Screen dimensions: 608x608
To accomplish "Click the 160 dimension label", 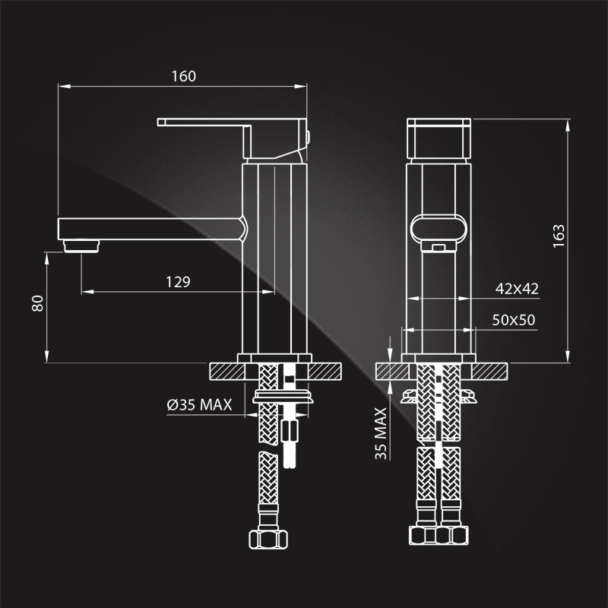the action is click(184, 77).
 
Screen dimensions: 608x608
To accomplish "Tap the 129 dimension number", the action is click(178, 282).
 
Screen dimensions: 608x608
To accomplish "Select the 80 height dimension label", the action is click(37, 303).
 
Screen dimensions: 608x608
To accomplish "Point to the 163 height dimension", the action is click(559, 236).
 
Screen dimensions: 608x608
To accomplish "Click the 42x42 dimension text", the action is click(517, 289).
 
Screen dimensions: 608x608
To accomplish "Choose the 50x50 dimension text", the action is click(514, 320).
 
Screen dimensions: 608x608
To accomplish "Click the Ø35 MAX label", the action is click(199, 405).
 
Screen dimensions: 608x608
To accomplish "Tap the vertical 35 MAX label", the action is click(381, 433).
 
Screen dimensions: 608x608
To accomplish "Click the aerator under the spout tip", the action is click(81, 246).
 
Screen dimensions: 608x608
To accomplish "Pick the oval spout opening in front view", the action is click(439, 228).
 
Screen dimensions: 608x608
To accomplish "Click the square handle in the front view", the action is click(439, 138).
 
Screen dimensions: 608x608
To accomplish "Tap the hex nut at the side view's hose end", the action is click(268, 540).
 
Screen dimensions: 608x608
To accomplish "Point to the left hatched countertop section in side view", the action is click(226, 372).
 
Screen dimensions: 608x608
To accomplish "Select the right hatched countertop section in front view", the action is click(489, 372).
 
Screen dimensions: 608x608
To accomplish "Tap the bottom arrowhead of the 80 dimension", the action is click(47, 356).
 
